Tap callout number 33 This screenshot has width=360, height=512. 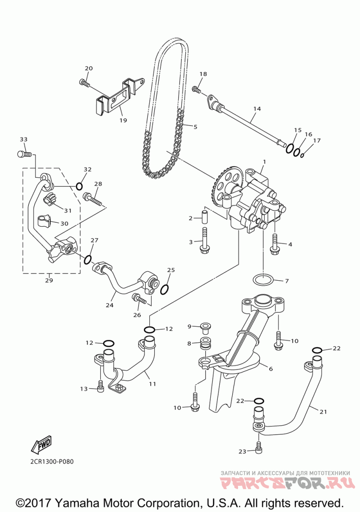click(x=23, y=139)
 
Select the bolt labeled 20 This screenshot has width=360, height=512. click(x=84, y=82)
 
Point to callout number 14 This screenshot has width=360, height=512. click(x=257, y=109)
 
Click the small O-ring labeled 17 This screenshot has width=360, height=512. click(x=302, y=155)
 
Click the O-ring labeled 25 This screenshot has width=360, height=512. click(x=165, y=289)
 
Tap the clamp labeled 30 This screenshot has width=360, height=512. click(x=44, y=221)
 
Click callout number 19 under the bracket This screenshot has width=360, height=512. click(x=123, y=120)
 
